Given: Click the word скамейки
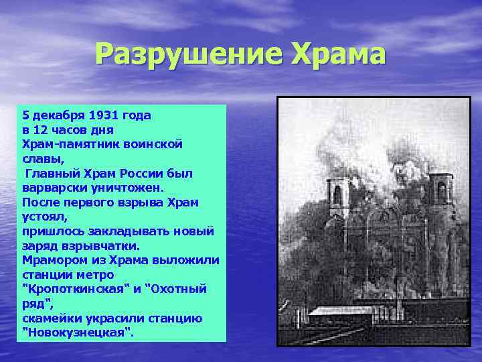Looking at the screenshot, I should (x=50, y=318).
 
